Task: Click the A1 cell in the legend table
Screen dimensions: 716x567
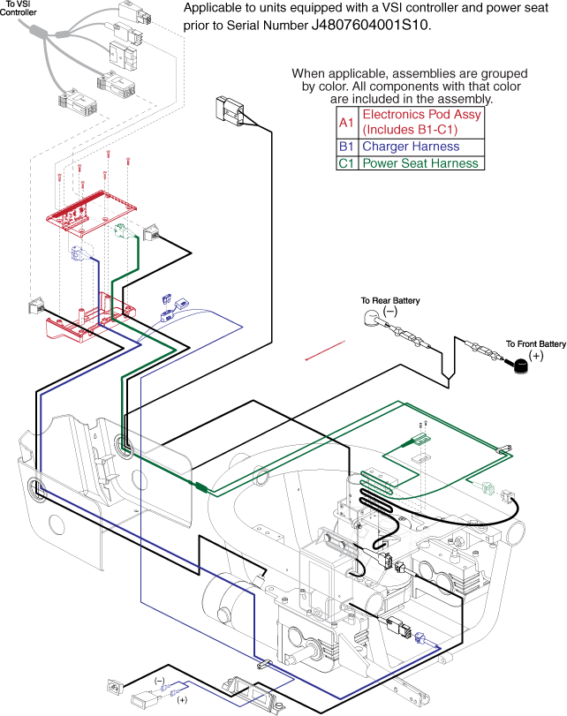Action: pyautogui.click(x=347, y=122)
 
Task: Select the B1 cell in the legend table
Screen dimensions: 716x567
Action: pyautogui.click(x=347, y=147)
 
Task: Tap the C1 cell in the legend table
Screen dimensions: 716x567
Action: pyautogui.click(x=347, y=163)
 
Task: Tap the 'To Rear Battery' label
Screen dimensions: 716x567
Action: pyautogui.click(x=390, y=301)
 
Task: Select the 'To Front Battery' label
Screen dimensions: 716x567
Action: pyautogui.click(x=535, y=343)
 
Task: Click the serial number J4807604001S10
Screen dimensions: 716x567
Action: pyautogui.click(x=371, y=26)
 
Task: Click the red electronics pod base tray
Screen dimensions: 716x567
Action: pyautogui.click(x=84, y=321)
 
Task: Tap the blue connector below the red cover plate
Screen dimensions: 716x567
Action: pyautogui.click(x=78, y=255)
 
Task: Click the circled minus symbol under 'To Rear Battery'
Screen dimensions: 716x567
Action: pyautogui.click(x=389, y=312)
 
